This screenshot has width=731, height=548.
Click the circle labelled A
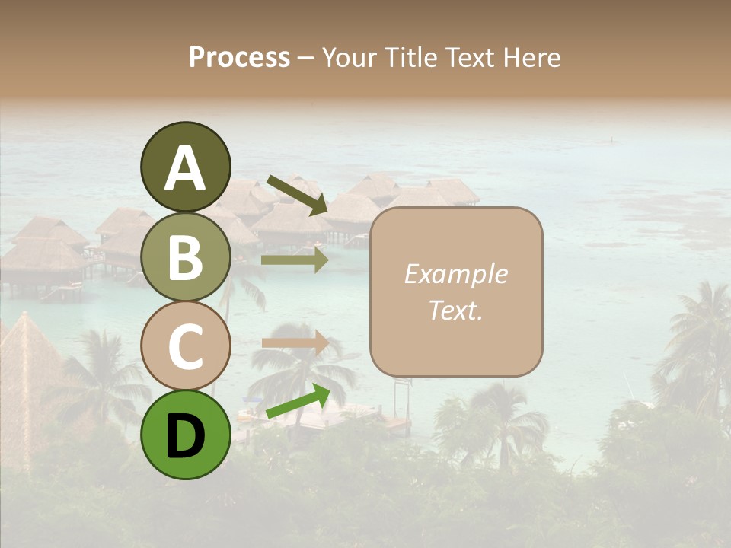(185, 167)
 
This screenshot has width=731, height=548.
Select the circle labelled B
(185, 256)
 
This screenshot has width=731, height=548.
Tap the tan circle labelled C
(185, 346)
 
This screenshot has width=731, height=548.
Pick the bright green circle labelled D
(185, 435)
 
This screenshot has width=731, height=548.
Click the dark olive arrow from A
(297, 195)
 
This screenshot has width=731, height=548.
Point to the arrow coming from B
(295, 260)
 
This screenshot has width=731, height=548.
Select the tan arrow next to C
(295, 342)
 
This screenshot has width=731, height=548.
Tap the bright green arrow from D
(298, 401)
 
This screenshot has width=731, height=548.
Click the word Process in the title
(239, 58)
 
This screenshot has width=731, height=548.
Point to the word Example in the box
(455, 274)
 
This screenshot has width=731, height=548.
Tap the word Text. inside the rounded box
(455, 310)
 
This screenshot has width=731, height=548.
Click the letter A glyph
(185, 168)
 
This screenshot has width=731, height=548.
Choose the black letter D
(185, 436)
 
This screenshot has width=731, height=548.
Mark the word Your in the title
(348, 58)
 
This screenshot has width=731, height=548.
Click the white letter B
(185, 257)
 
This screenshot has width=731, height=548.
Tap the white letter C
(185, 346)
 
